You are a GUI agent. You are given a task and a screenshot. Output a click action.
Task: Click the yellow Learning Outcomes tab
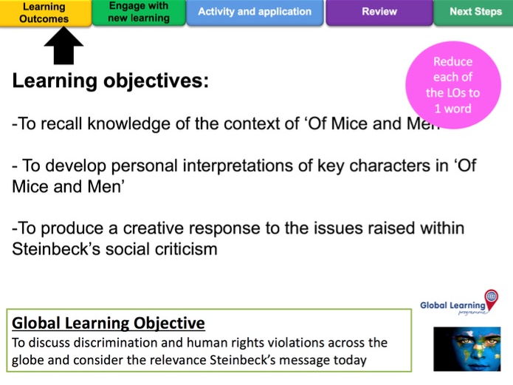(45, 13)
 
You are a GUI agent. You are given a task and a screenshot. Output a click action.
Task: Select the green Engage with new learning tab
(139, 12)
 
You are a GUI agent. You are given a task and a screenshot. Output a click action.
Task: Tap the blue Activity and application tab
(255, 12)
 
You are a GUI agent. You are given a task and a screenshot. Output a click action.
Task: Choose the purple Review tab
(379, 12)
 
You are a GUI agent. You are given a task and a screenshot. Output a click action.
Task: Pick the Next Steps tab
(474, 12)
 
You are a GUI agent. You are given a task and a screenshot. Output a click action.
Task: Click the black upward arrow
(63, 46)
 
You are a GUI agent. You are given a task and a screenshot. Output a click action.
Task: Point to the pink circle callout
(453, 84)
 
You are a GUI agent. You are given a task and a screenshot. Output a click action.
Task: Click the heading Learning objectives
(110, 81)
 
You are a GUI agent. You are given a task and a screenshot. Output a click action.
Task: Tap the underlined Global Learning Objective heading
(109, 324)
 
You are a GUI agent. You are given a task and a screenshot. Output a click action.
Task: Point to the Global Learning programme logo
(459, 303)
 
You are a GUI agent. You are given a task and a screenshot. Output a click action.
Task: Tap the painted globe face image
(467, 349)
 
